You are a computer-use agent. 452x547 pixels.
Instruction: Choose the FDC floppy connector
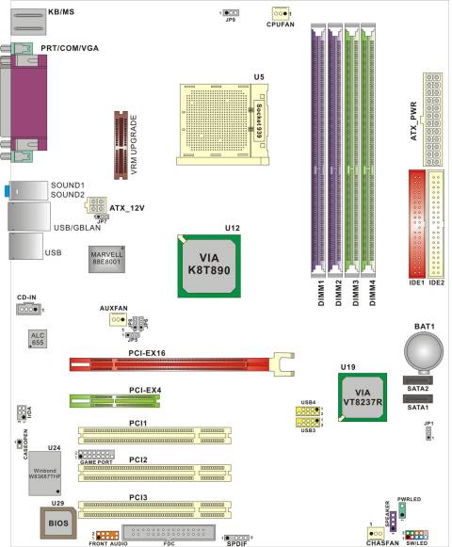(x=170, y=533)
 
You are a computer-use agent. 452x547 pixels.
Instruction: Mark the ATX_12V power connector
(x=95, y=206)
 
